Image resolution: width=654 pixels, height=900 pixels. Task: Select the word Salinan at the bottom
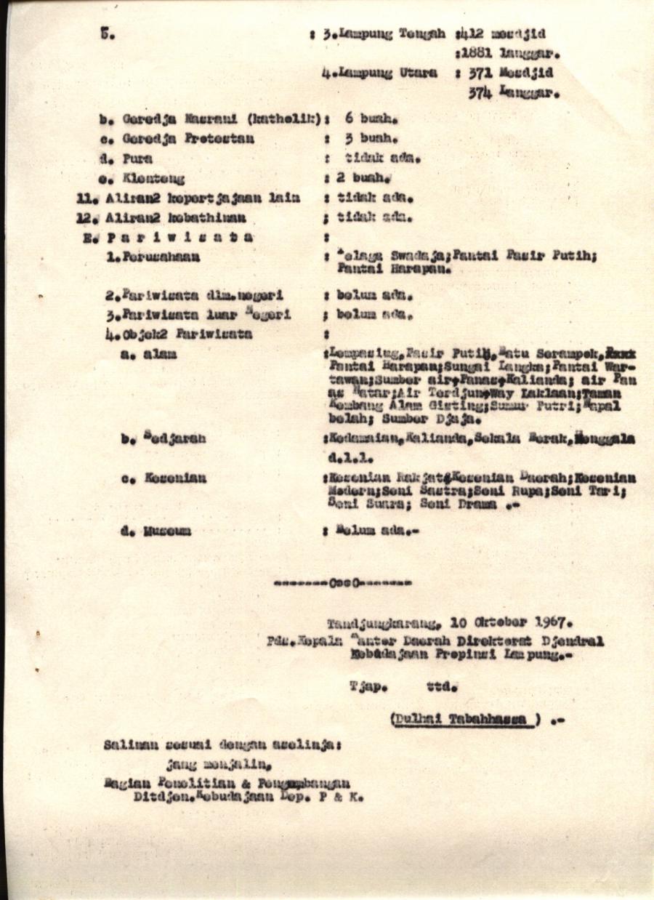coord(128,745)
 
